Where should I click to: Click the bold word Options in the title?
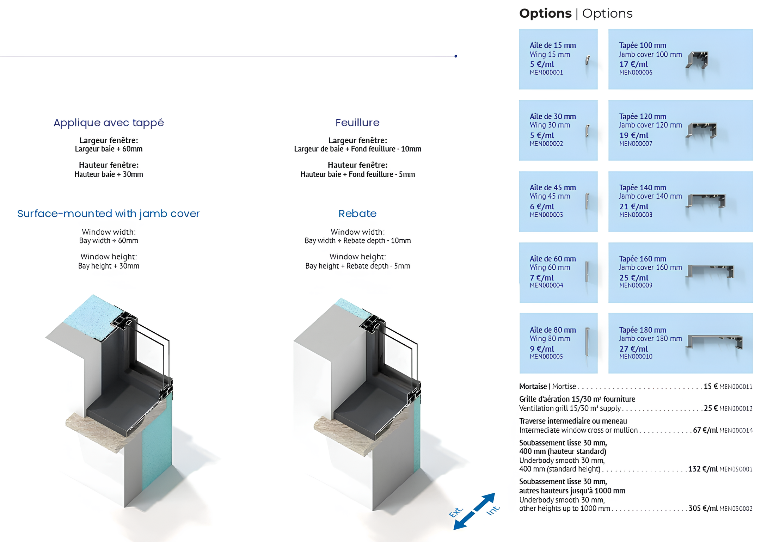tap(545, 13)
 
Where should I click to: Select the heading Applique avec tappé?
tap(109, 123)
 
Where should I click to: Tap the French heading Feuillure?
tap(357, 123)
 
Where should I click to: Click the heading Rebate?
tap(357, 214)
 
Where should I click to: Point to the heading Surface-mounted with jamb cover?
tap(108, 214)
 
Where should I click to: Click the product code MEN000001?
tap(546, 73)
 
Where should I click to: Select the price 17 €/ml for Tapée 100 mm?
tap(633, 64)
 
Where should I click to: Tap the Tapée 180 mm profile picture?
tap(715, 341)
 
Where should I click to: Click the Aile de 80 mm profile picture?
tap(587, 342)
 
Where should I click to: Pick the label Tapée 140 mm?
tap(642, 187)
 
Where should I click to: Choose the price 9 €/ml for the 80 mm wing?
tap(542, 349)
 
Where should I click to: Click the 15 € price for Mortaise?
tap(711, 386)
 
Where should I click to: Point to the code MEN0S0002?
tap(736, 509)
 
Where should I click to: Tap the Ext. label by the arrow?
tap(456, 512)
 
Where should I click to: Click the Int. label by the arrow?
tap(493, 510)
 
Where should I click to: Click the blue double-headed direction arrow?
tap(474, 511)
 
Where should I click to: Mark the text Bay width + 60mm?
tap(109, 241)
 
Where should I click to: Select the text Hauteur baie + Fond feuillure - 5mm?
tap(357, 174)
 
